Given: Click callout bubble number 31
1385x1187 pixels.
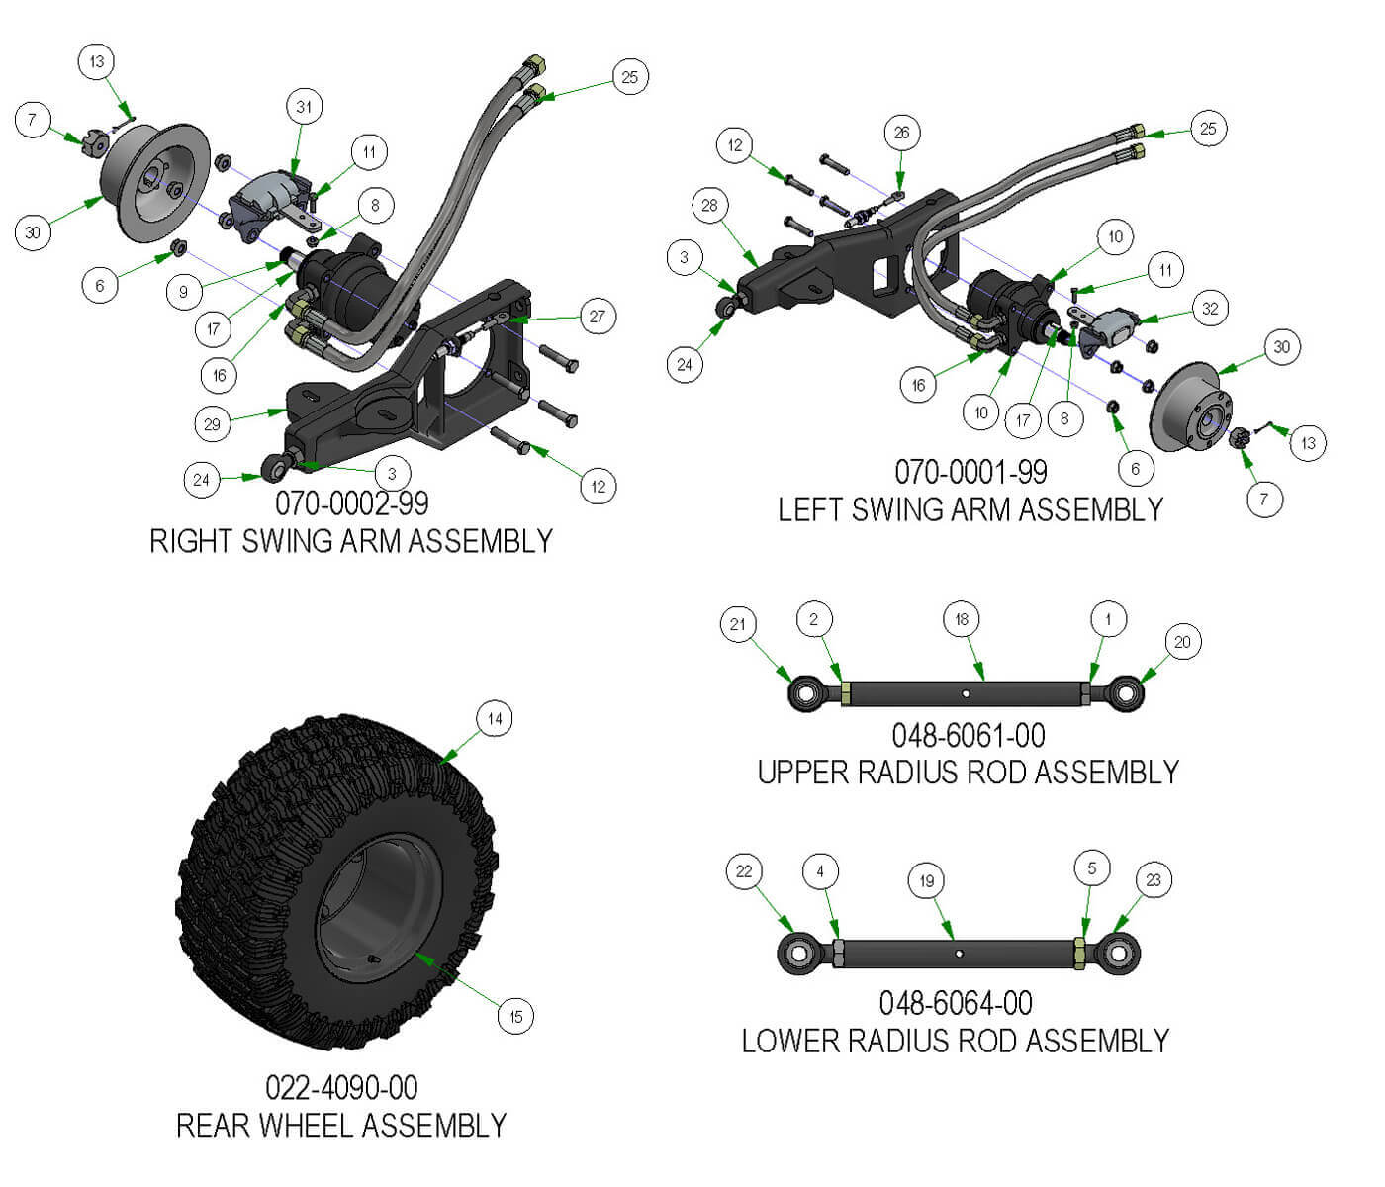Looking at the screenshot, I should [304, 107].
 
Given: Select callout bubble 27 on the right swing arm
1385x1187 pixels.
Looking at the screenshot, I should [597, 317].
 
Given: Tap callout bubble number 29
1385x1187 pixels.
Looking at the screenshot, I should [212, 424].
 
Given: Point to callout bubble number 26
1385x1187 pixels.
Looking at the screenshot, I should [901, 133].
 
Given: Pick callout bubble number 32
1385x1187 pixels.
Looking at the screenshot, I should [1210, 309].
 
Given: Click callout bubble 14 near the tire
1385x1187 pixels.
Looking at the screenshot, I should [495, 719].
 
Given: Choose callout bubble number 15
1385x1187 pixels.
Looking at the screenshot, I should [515, 1016].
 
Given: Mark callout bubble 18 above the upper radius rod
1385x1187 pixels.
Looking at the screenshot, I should [962, 620].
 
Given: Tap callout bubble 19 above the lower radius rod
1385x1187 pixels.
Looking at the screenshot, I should [926, 881].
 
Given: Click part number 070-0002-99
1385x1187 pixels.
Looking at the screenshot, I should [351, 503].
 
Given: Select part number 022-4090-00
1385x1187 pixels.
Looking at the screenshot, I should [341, 1088].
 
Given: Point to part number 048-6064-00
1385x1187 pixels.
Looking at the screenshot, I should [956, 1004].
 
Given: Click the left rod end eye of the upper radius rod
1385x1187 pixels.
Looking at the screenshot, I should [805, 693].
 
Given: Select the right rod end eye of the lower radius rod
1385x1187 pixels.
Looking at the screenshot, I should [1118, 954].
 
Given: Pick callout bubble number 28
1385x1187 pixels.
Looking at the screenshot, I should [709, 206].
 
